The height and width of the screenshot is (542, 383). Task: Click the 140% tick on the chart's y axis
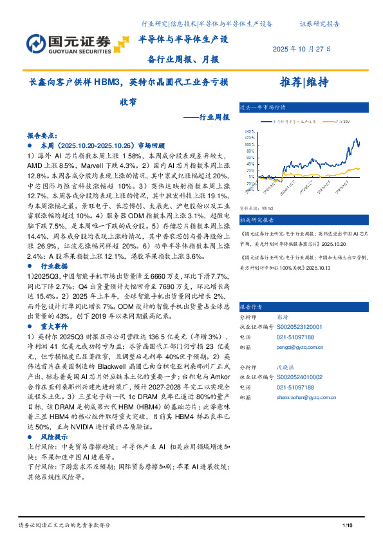[x=248, y=131]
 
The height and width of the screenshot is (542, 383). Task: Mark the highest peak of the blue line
[x=355, y=138]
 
